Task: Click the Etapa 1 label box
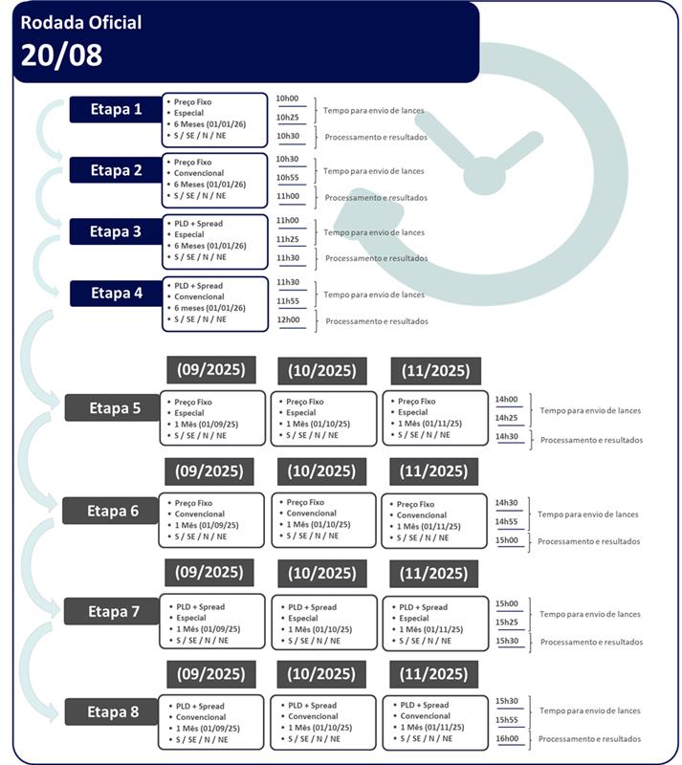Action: (x=116, y=109)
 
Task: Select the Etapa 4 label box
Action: (x=116, y=294)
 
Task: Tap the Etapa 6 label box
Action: (x=111, y=511)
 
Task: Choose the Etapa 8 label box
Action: (x=112, y=711)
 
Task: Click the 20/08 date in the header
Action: (x=61, y=55)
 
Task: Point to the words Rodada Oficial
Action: (x=81, y=22)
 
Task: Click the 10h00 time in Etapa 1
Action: (x=287, y=98)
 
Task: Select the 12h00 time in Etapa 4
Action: (x=289, y=319)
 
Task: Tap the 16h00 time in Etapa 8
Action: (x=507, y=738)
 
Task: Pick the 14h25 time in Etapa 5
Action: (x=506, y=418)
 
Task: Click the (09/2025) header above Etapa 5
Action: (x=210, y=370)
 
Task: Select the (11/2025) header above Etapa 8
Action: (x=433, y=674)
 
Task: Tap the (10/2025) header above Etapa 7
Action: (x=321, y=573)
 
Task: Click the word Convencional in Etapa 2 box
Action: (x=199, y=173)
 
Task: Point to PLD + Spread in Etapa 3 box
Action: (x=198, y=224)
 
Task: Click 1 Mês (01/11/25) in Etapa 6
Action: (x=429, y=527)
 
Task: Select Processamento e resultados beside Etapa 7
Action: (x=591, y=642)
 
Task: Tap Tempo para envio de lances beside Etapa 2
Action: (x=373, y=171)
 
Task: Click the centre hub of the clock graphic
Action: (x=484, y=176)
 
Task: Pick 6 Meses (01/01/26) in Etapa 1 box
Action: (x=209, y=124)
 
